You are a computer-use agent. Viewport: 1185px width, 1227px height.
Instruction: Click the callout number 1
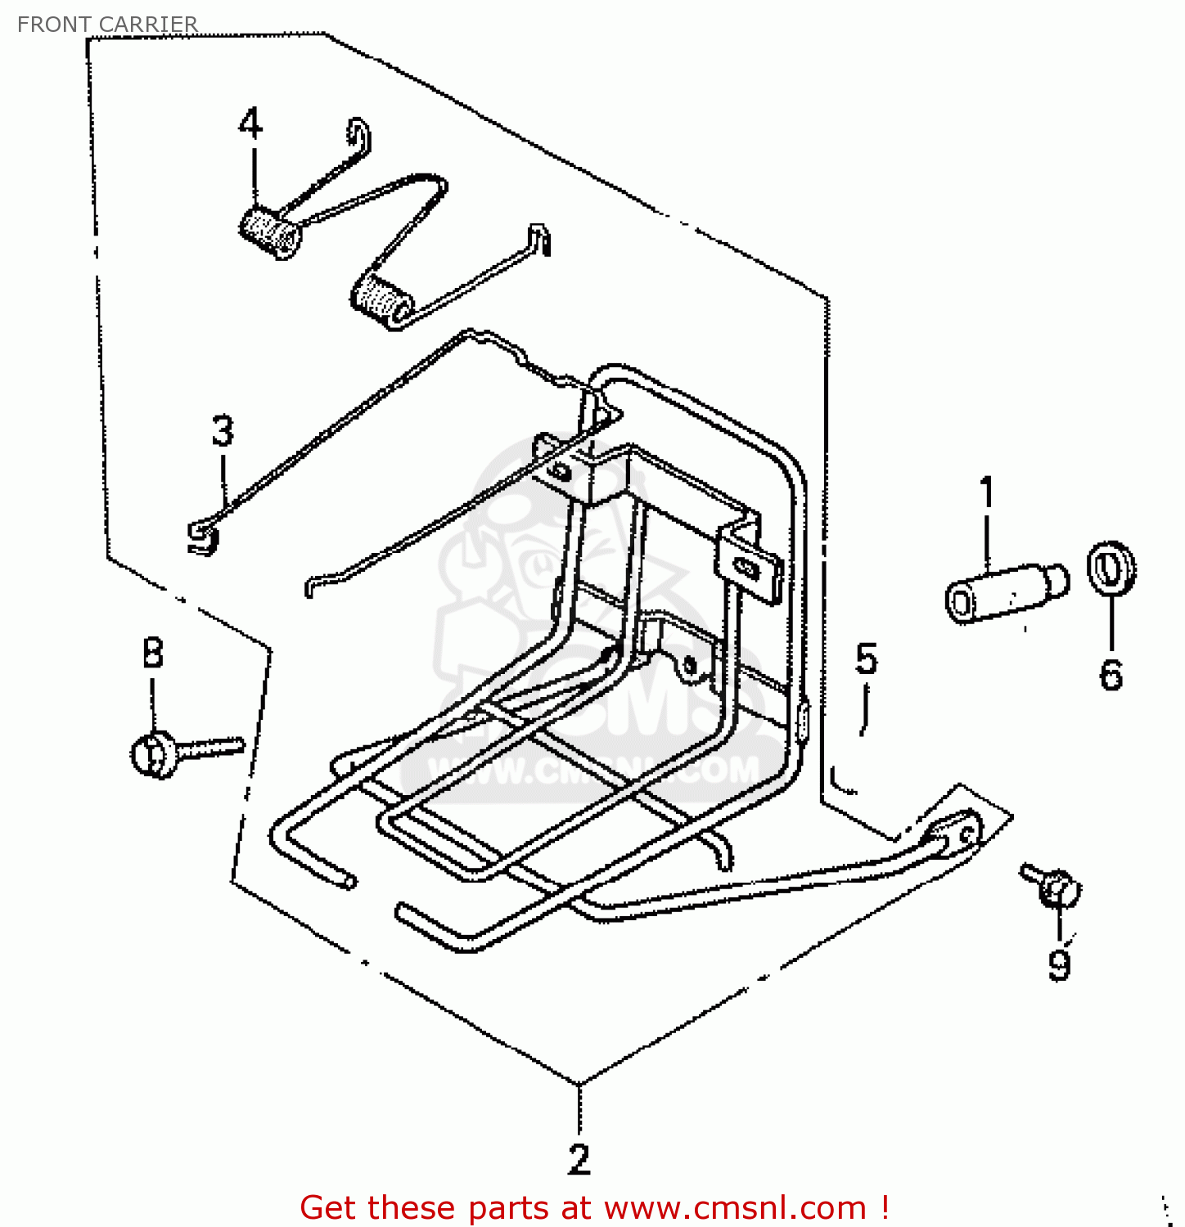[987, 492]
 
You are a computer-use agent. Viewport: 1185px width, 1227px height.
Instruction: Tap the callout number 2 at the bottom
[579, 1159]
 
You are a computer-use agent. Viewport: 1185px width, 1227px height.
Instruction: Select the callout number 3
[223, 431]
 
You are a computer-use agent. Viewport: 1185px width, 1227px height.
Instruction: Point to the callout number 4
[250, 124]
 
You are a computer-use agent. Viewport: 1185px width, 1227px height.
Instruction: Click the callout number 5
[866, 659]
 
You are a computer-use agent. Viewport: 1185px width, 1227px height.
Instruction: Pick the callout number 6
[1111, 674]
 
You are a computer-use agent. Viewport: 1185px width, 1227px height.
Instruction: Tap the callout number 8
[153, 653]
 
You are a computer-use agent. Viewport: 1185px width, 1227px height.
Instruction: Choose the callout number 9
[1060, 965]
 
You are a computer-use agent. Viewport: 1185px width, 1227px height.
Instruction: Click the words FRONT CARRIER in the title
[107, 25]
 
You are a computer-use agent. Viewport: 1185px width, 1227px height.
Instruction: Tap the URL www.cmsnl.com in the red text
[735, 1207]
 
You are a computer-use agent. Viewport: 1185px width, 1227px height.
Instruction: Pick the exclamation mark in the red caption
[885, 1207]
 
